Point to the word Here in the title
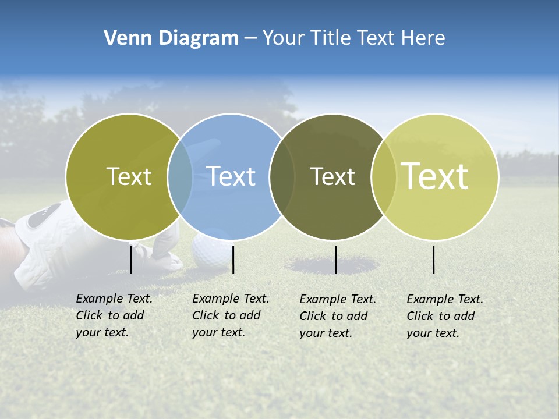click(424, 38)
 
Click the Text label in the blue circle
click(231, 176)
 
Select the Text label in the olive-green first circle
click(129, 176)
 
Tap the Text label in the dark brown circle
click(332, 176)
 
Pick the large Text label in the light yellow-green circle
click(435, 176)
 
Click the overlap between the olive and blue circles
click(180, 177)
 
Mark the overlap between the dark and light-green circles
click(384, 177)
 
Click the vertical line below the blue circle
click(233, 260)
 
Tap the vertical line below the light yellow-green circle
click(434, 260)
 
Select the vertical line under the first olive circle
click(131, 260)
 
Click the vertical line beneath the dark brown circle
click(336, 260)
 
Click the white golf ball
click(207, 251)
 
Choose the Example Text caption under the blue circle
click(230, 315)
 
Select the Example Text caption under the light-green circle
click(444, 316)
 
